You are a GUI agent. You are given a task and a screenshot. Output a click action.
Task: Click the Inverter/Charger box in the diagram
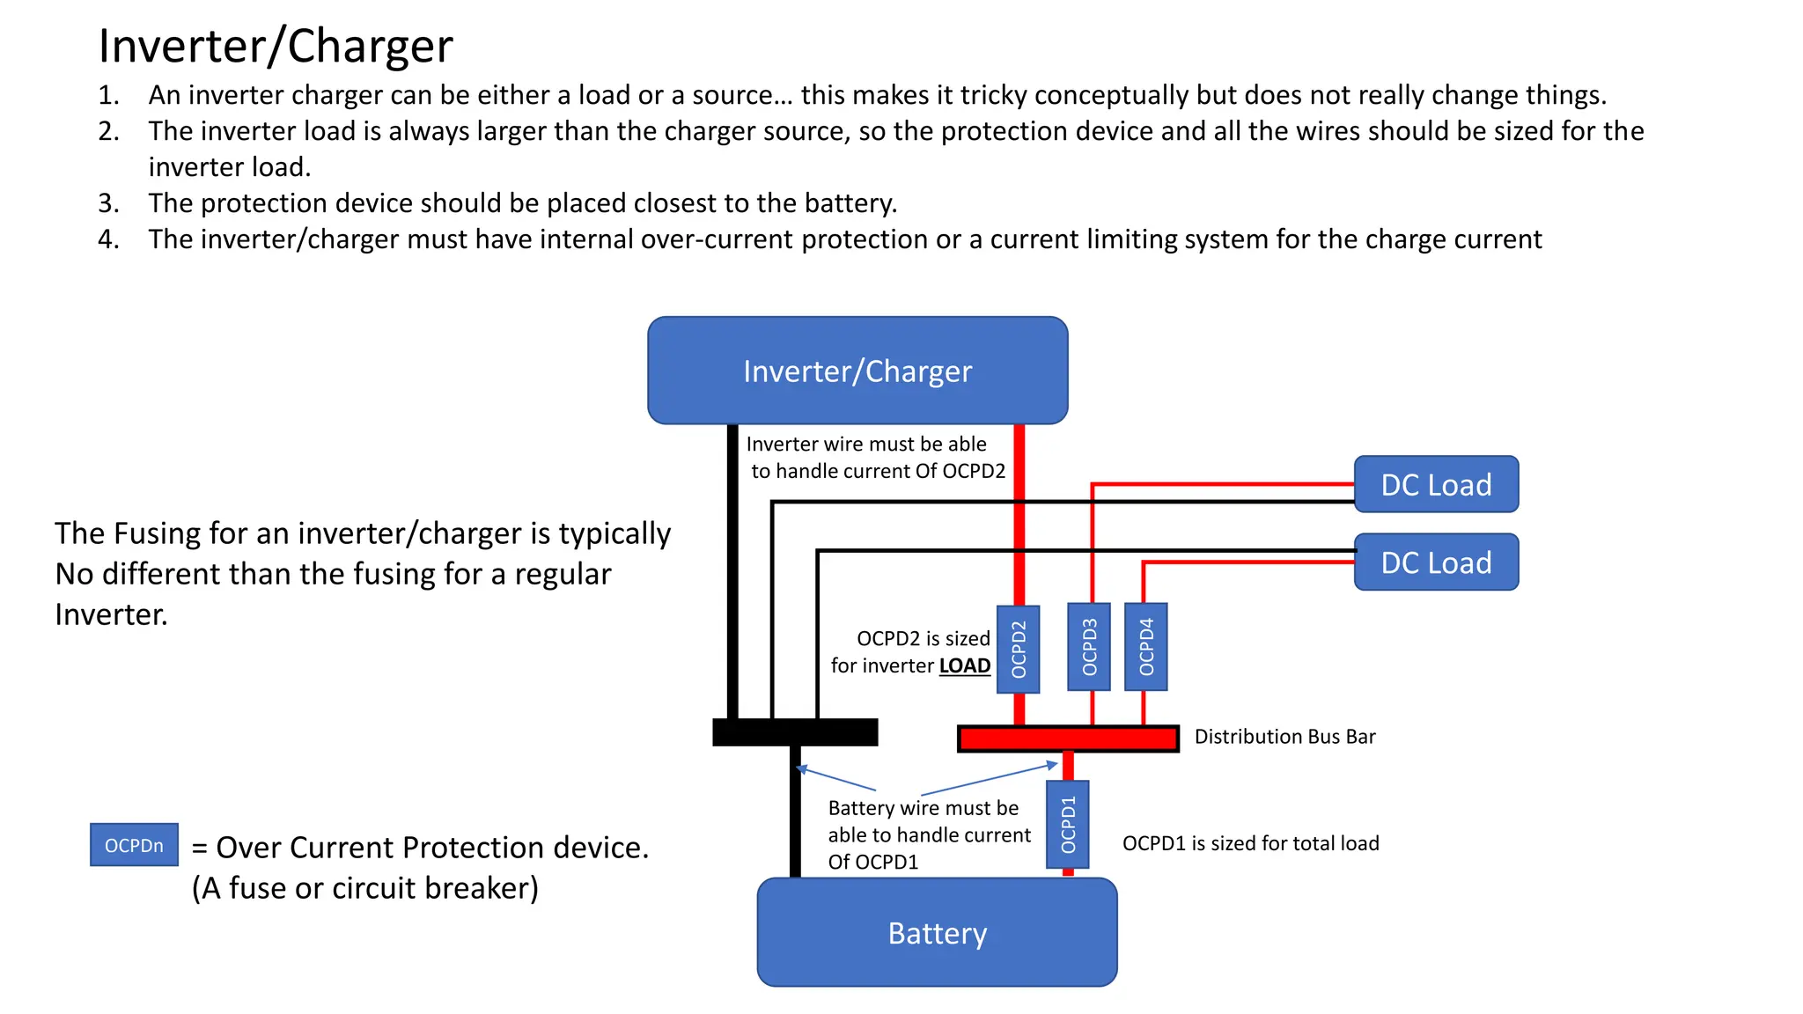[x=857, y=371]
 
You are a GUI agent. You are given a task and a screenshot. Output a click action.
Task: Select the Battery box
[x=937, y=932]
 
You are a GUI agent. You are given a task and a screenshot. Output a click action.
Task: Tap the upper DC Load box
[x=1436, y=484]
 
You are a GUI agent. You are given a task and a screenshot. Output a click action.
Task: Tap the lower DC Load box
[x=1436, y=562]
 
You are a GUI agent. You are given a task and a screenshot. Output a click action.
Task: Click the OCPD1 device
[x=1068, y=825]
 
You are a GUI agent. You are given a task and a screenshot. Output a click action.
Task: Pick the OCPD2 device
[x=1019, y=650]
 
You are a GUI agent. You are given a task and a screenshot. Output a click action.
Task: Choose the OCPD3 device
[x=1089, y=647]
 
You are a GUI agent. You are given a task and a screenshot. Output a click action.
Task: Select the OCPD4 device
[x=1146, y=647]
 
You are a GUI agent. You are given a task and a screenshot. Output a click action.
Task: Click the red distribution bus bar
[x=1068, y=738]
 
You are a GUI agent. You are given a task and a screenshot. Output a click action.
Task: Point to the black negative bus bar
[x=795, y=732]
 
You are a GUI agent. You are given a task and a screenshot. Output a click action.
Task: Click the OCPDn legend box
[x=134, y=845]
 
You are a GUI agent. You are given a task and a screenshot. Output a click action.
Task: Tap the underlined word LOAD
[x=964, y=665]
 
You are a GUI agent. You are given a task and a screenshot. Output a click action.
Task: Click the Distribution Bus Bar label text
[x=1284, y=737]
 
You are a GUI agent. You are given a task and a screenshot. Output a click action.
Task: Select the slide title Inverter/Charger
[x=276, y=46]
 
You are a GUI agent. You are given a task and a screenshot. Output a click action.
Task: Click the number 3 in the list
[x=108, y=203]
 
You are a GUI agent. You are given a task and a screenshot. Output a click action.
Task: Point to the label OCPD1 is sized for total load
[x=1250, y=843]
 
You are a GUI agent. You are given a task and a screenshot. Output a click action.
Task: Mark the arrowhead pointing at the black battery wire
[x=802, y=769]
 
